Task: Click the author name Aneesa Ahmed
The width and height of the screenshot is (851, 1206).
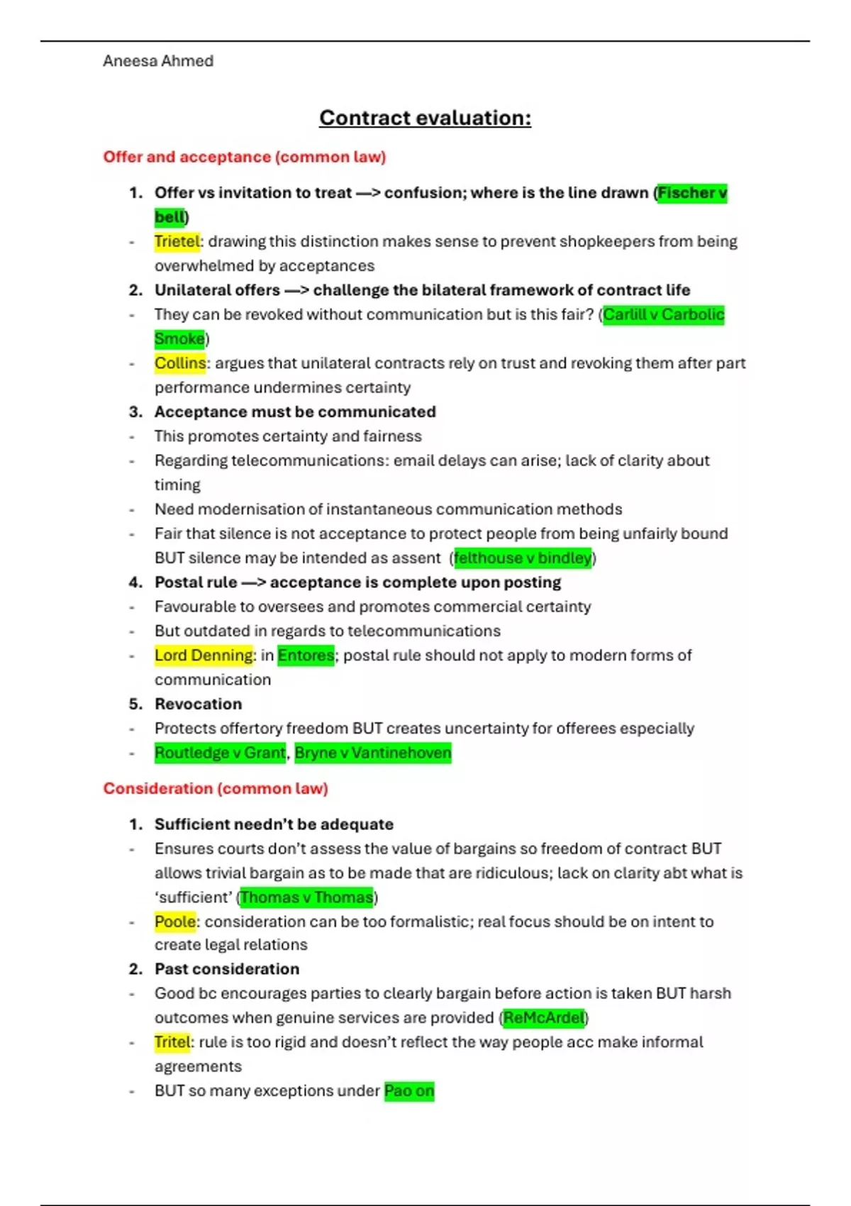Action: (x=157, y=61)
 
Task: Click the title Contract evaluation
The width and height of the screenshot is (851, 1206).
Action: (x=425, y=118)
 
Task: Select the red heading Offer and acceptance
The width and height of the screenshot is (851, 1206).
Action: (x=244, y=157)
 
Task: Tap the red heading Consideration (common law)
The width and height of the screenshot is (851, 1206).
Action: (x=216, y=788)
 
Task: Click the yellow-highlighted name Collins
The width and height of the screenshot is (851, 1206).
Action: (x=180, y=363)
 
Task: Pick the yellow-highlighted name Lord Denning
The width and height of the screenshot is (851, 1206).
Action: (x=204, y=655)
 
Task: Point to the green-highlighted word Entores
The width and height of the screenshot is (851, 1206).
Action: (x=306, y=655)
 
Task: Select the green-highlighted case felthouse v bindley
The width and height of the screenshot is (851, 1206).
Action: (x=523, y=558)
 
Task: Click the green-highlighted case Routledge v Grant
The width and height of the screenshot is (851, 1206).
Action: (x=220, y=753)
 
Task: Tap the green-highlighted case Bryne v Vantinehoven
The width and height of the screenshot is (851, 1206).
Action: (x=373, y=753)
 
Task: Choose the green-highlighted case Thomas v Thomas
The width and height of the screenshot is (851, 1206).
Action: (x=306, y=897)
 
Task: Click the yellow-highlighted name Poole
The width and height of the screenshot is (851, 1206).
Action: (x=175, y=922)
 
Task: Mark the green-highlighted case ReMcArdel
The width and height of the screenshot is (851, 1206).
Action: (x=544, y=1018)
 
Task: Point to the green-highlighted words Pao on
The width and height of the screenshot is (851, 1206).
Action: (x=409, y=1091)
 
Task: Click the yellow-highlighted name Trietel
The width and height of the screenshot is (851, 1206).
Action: (x=177, y=241)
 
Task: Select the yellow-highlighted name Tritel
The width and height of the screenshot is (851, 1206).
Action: (x=172, y=1042)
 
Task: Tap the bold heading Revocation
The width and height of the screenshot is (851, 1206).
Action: (x=198, y=704)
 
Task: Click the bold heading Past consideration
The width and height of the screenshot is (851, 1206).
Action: (x=227, y=969)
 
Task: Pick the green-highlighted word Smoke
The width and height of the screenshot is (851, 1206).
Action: (x=179, y=339)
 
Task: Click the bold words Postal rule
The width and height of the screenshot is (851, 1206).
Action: (x=196, y=582)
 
